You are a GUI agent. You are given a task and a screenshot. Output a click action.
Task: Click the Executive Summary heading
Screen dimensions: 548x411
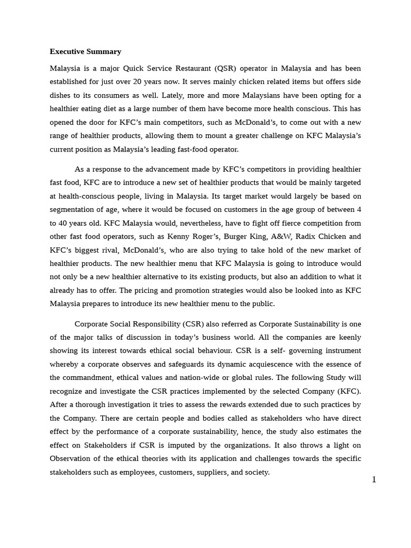(86, 52)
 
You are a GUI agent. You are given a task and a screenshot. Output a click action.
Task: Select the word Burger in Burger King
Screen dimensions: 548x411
(235, 237)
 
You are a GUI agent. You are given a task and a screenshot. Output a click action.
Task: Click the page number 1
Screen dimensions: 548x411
(374, 479)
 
